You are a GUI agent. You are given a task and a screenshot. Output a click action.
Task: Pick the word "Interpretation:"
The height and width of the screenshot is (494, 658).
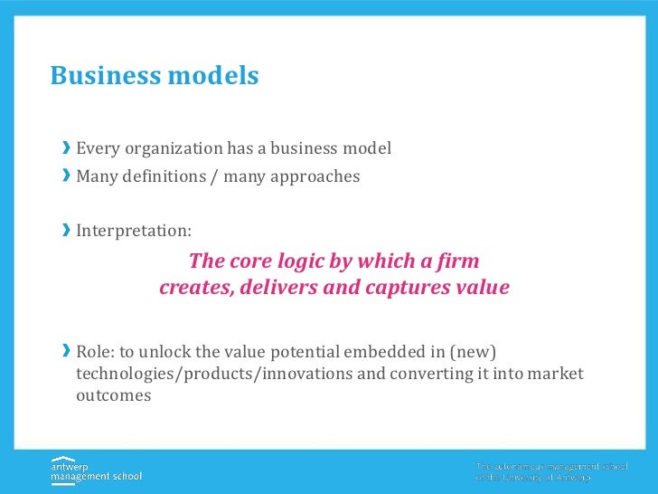tap(134, 231)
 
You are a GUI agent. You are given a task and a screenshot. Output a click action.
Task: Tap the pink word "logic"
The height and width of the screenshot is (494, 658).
tap(308, 261)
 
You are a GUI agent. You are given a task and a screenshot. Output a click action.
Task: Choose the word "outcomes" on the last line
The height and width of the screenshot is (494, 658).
tap(113, 395)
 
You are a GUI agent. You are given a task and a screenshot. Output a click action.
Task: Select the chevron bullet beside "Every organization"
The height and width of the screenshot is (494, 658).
tap(66, 148)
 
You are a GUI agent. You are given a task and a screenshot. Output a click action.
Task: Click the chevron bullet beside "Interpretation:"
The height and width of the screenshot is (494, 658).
tap(66, 231)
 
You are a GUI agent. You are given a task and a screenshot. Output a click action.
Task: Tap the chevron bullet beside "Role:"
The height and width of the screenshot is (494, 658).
tap(66, 351)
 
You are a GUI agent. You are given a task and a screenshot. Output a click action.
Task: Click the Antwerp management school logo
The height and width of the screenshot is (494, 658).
tap(96, 469)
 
